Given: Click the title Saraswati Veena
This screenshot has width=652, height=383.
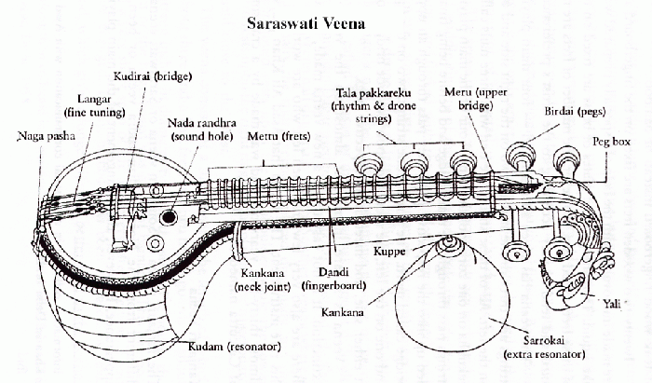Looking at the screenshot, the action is [306, 23].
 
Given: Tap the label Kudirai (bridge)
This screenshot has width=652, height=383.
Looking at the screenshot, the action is [153, 76].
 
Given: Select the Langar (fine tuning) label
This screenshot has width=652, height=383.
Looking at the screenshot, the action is [94, 105].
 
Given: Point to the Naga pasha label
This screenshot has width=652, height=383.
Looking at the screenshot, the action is [47, 136].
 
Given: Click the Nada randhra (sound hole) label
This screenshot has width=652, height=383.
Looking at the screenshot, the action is [202, 130].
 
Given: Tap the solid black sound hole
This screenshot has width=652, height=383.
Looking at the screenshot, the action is [169, 216].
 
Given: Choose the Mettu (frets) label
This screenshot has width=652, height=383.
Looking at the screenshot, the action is [278, 136].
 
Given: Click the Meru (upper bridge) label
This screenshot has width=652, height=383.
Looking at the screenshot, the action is [475, 98].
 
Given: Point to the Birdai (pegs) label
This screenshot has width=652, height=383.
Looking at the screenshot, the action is [575, 112].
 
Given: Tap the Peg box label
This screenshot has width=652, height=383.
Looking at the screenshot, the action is [611, 142].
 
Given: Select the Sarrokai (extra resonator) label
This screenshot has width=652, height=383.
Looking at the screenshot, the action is [544, 348].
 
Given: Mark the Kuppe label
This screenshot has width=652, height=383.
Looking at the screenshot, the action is [388, 252].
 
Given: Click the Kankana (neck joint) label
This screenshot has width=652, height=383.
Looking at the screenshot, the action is [263, 280].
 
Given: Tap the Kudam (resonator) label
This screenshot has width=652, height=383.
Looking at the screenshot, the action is [235, 347].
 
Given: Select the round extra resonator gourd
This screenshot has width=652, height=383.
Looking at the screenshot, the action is [451, 296].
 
